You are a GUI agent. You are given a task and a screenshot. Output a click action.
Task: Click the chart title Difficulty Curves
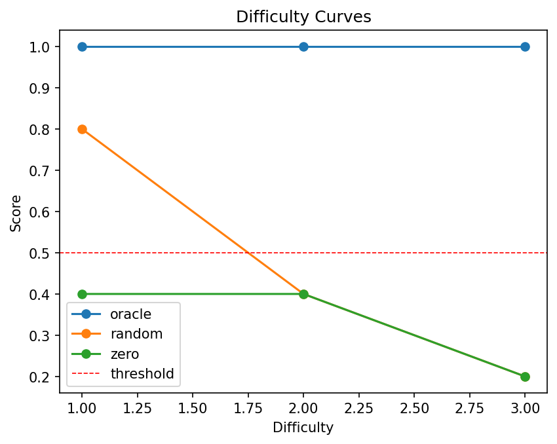pos(303,17)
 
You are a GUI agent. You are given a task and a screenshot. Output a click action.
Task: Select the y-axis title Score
pos(16,213)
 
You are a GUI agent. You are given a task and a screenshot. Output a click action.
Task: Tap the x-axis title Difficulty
pos(303,428)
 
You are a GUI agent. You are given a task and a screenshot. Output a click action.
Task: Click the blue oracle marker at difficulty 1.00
pos(82,46)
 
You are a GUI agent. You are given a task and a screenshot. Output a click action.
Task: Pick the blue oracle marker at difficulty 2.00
pos(303,46)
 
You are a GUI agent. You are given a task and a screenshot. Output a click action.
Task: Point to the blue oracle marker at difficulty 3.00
pos(525,46)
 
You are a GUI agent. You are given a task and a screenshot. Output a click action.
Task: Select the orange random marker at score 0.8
pos(82,129)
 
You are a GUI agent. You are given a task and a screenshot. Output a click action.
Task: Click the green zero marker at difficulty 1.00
pos(82,294)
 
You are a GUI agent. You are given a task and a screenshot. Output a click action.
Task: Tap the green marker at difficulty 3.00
pos(525,377)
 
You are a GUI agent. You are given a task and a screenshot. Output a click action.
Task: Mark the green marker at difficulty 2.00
pos(303,294)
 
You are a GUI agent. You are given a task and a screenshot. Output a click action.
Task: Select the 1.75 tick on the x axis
pos(248,407)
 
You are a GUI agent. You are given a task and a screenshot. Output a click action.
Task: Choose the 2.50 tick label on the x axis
pos(414,407)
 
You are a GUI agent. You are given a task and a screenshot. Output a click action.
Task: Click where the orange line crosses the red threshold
pos(248,253)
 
